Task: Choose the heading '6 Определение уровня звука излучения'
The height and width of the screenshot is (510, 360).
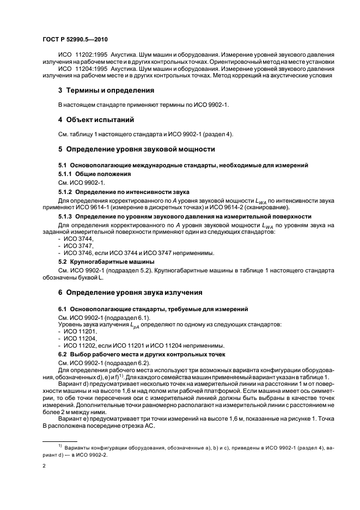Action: [131, 292]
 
